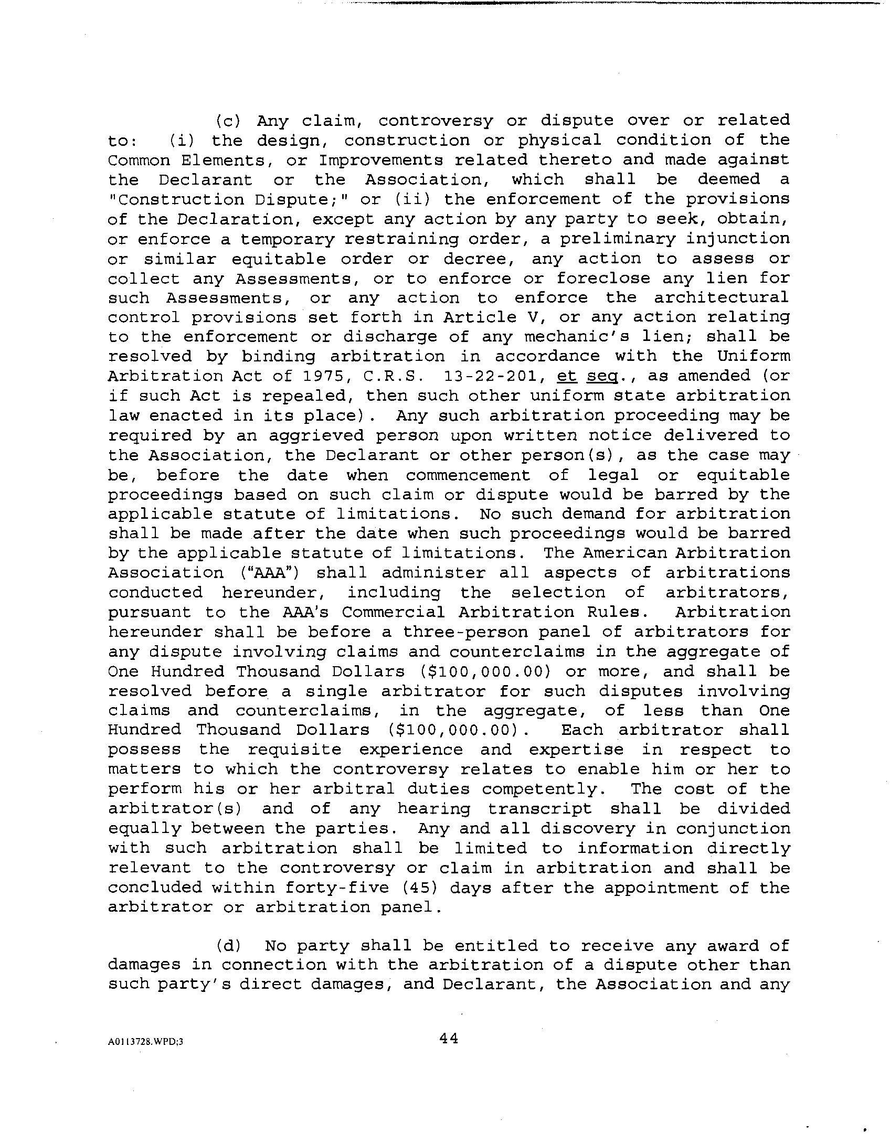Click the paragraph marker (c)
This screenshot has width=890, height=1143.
click(x=228, y=121)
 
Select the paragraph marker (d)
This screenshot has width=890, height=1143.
click(x=228, y=946)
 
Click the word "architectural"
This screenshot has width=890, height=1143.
click(x=722, y=298)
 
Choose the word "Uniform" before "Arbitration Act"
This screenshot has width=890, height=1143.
click(x=754, y=356)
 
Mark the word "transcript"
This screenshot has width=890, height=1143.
click(x=539, y=809)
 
